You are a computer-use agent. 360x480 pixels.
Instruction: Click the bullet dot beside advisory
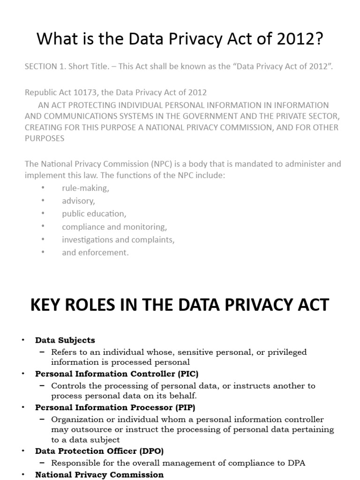point(43,201)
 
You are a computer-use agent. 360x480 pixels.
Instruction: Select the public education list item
point(94,214)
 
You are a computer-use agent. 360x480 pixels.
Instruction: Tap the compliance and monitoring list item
point(114,227)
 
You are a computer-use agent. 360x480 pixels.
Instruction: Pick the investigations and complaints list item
point(118,240)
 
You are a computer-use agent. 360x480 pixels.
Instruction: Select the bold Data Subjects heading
point(65,340)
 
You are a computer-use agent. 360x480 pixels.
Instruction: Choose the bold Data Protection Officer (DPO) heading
point(99,451)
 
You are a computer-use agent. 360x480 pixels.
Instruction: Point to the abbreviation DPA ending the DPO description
point(296,463)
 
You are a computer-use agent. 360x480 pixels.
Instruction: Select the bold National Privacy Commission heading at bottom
point(99,474)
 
